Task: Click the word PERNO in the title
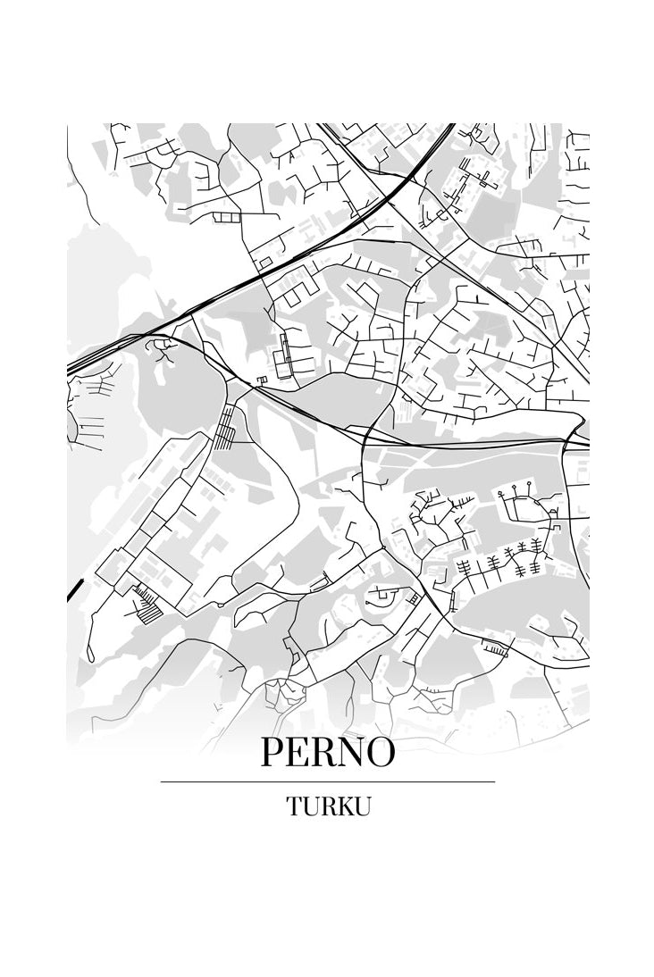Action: coord(327,752)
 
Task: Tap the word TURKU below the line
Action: coord(328,806)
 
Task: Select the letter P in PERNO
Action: coord(273,752)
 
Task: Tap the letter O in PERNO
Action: coord(380,752)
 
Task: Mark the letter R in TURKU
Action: coord(327,806)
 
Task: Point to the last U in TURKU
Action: coord(361,806)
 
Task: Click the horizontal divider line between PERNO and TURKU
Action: coord(327,781)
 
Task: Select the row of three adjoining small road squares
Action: coord(227,217)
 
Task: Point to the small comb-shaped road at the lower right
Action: coord(494,647)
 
